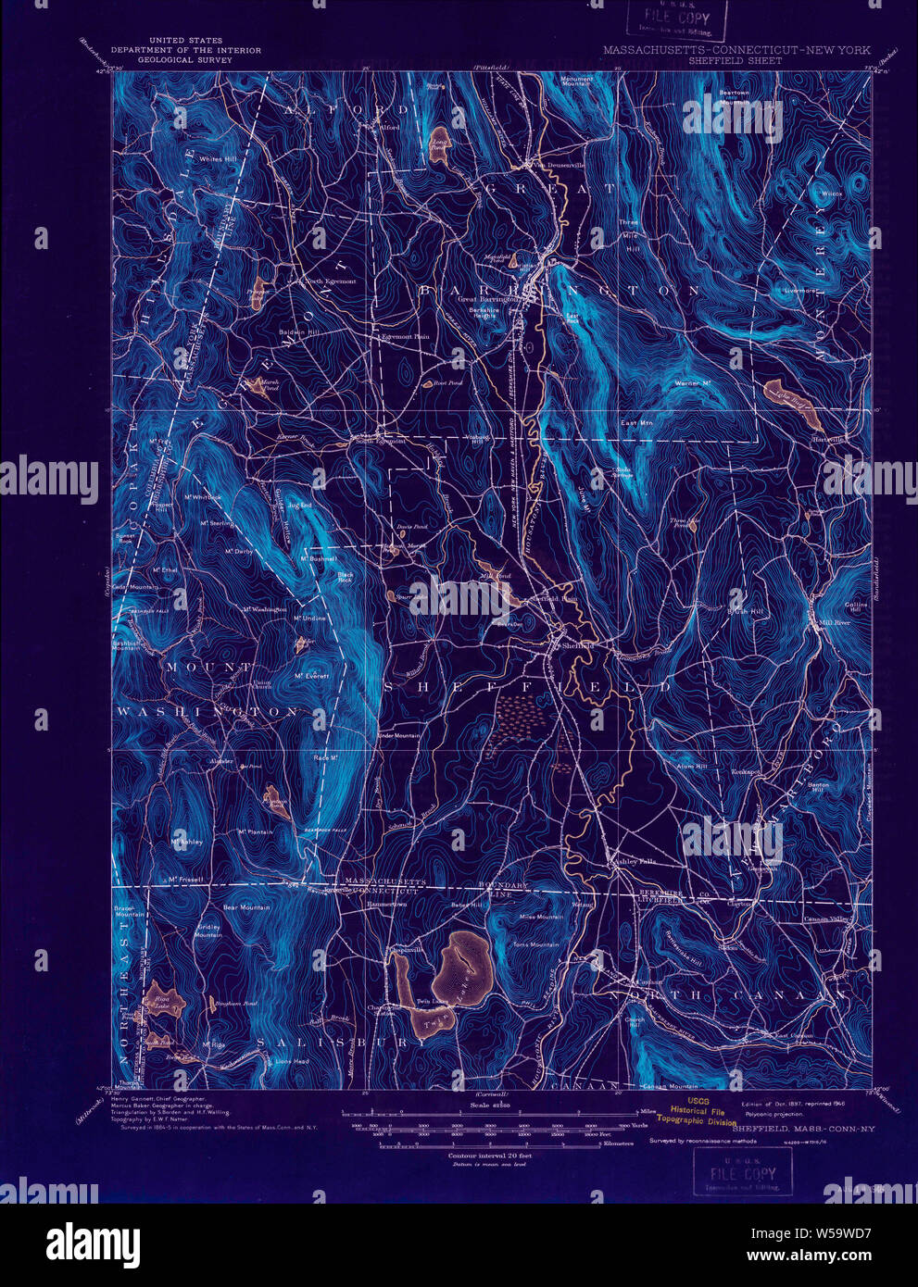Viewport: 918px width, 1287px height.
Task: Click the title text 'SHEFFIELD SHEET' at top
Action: [x=728, y=61]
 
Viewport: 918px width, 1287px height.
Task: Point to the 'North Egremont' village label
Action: [x=330, y=281]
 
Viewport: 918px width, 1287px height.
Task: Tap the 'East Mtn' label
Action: [x=637, y=423]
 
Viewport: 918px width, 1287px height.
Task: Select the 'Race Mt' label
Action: [x=324, y=756]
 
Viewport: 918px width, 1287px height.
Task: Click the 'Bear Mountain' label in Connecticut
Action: [x=246, y=907]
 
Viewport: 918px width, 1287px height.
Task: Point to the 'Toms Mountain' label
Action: [x=535, y=945]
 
